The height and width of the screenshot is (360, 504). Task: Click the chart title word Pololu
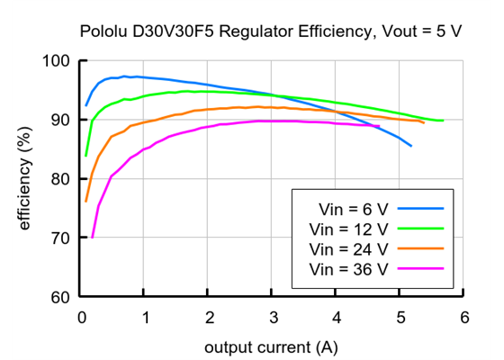click(x=102, y=31)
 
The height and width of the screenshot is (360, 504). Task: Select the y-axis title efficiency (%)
click(x=25, y=178)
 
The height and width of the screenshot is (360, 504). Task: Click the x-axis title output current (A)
click(x=272, y=346)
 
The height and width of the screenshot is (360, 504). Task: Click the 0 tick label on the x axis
click(x=82, y=317)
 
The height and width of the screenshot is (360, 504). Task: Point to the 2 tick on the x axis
click(x=209, y=317)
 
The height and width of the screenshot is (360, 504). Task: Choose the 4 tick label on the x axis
click(x=337, y=317)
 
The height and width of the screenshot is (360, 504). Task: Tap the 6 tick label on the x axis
click(x=463, y=317)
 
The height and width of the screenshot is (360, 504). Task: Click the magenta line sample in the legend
click(x=422, y=268)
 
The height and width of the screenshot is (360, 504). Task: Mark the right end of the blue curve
click(x=411, y=146)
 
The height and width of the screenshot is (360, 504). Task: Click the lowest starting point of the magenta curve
click(x=92, y=238)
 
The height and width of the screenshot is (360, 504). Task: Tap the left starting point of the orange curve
click(x=85, y=201)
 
